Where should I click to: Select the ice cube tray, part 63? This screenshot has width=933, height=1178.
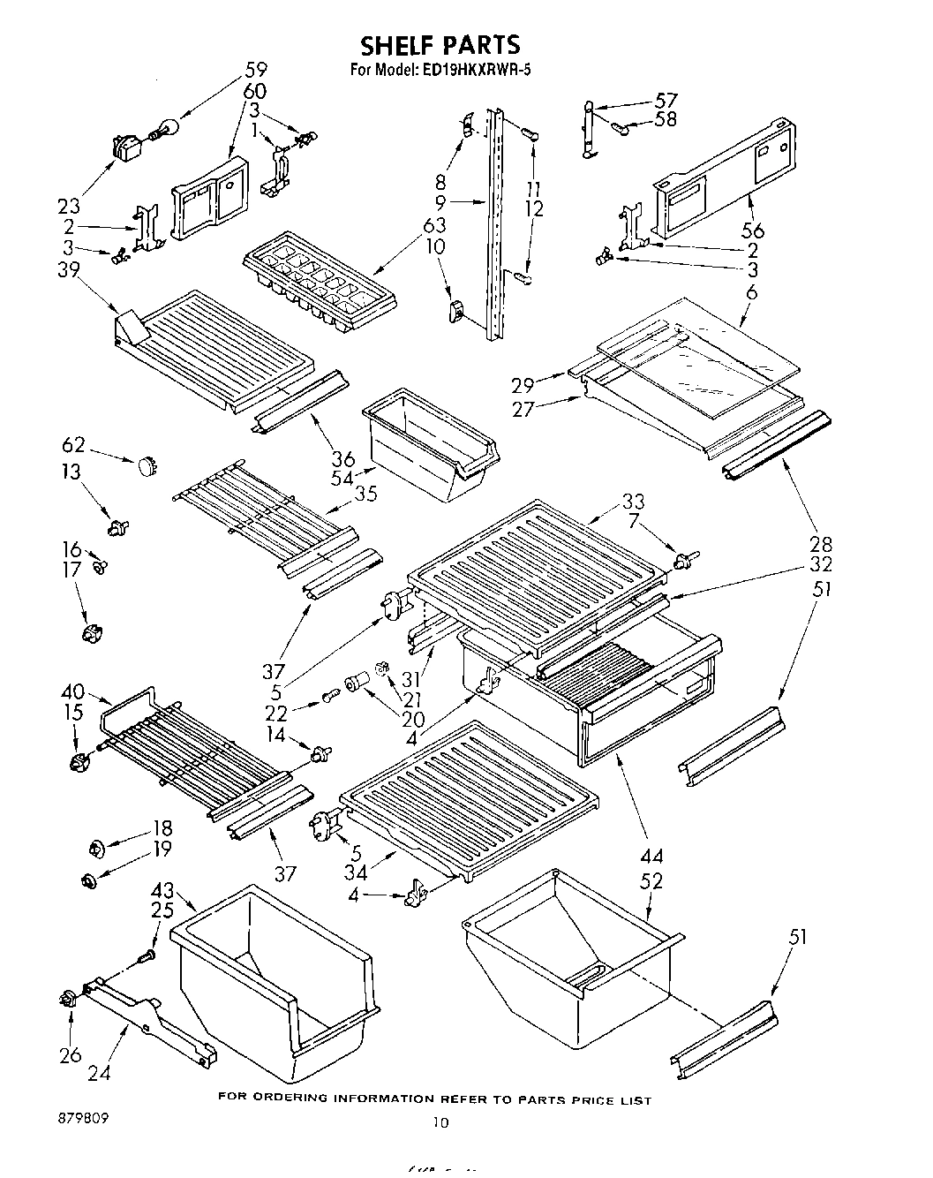309,280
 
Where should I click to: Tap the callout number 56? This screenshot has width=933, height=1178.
753,231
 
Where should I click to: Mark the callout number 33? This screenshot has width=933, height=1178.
633,502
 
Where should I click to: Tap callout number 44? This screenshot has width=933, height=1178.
653,855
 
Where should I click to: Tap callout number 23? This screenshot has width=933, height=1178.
68,206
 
